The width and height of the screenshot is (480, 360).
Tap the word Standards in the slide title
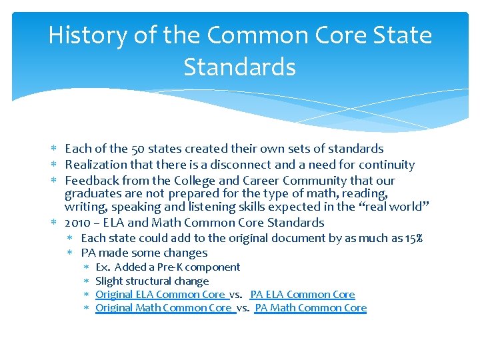click(x=239, y=67)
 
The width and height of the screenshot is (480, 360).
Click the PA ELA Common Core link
click(x=303, y=294)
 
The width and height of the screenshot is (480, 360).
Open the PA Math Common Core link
click(x=311, y=307)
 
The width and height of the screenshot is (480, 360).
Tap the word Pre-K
click(x=170, y=267)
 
